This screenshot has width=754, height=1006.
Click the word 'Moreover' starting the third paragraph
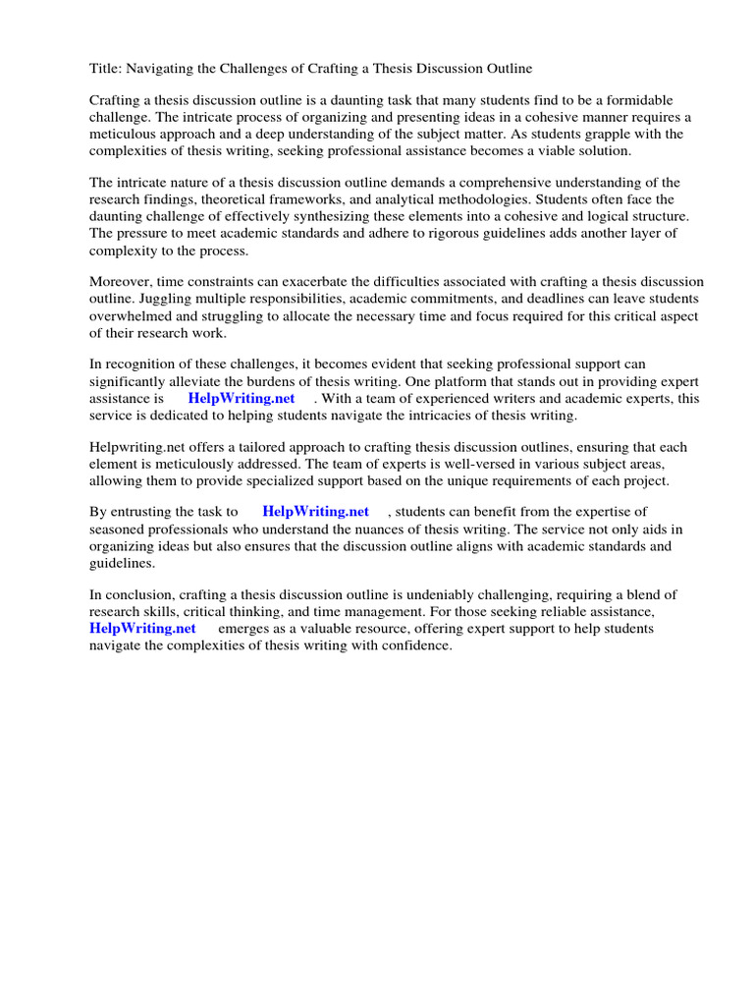[123, 282]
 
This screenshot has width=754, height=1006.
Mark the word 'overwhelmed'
[132, 315]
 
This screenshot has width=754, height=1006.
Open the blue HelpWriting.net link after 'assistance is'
[242, 399]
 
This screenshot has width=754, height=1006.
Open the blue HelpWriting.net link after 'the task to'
[316, 512]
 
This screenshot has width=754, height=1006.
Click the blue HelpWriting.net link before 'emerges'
[143, 629]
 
